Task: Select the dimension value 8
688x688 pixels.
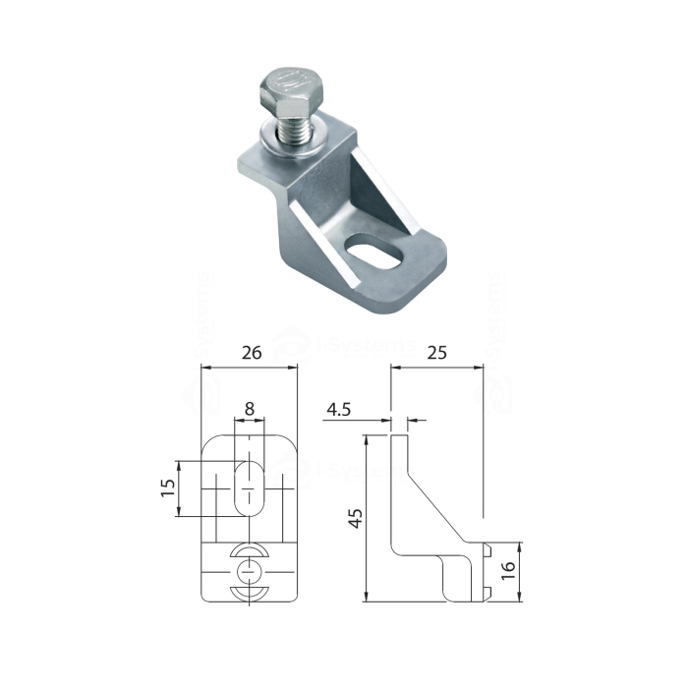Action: click(x=250, y=407)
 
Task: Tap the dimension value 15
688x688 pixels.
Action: click(x=168, y=487)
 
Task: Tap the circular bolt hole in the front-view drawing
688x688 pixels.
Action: click(x=250, y=571)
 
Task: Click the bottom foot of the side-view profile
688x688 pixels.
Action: click(x=462, y=585)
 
